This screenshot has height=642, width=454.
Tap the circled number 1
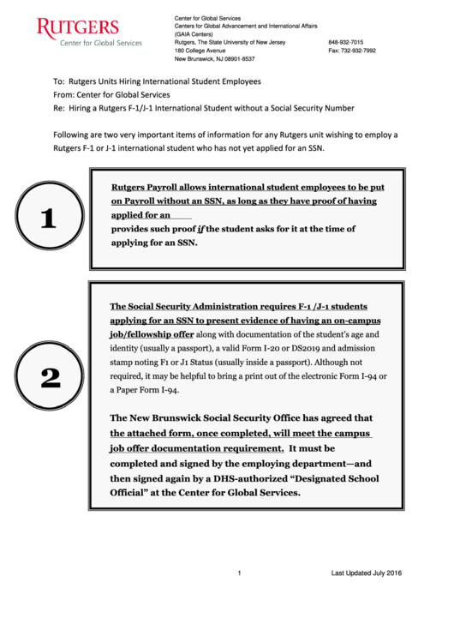48,219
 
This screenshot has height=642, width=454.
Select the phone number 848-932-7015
345,42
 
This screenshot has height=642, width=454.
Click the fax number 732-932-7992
351,51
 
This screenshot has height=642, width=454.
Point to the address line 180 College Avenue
200,51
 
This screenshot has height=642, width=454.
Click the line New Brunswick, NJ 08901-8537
214,59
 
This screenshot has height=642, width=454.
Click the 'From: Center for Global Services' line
111,94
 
